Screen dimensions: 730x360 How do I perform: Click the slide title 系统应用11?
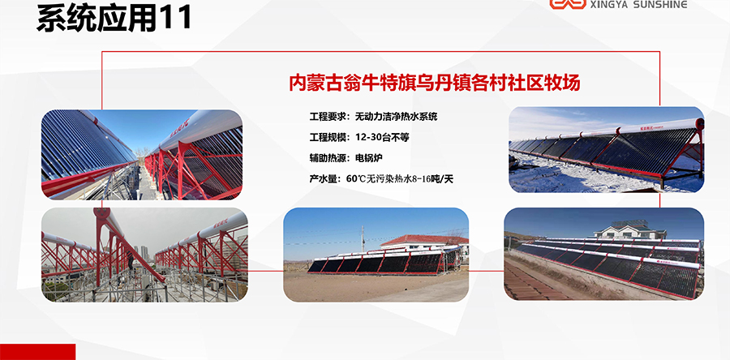tap(114, 19)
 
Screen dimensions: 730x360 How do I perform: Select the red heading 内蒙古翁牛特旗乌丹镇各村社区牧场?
tap(435, 83)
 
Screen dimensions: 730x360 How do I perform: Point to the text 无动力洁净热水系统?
tap(396, 117)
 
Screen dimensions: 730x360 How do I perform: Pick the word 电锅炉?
tap(369, 157)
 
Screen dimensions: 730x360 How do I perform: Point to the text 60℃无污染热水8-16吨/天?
tap(399, 178)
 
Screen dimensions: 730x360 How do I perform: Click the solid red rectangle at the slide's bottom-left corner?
tap(37, 352)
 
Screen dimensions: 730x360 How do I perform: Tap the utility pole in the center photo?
tap(363, 239)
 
